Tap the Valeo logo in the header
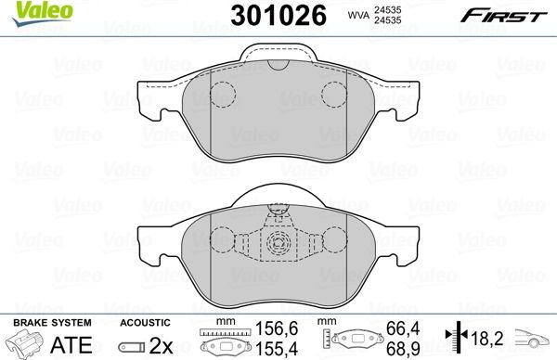pos(31,10)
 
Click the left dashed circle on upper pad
pos(221,94)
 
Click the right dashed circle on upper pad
pos(333,94)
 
